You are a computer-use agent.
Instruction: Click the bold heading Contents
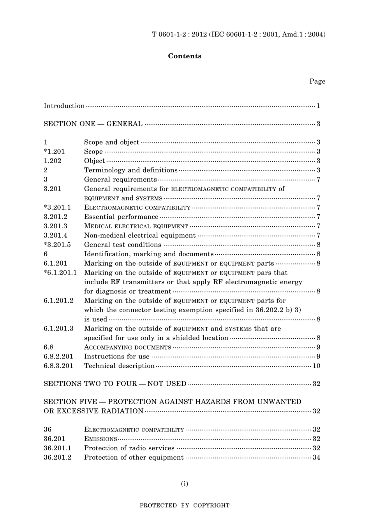coord(185,56)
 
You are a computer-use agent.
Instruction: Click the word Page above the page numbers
coord(317,81)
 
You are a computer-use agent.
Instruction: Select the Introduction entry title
coord(64,106)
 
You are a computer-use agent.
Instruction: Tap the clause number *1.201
coord(54,152)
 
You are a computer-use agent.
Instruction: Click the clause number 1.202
coord(52,161)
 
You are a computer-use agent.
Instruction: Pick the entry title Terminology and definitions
coord(130,170)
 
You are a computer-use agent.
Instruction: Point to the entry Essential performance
coord(121,217)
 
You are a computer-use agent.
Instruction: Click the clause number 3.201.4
coord(55,236)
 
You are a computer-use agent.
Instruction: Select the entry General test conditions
coord(122,245)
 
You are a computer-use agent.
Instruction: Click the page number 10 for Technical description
coord(316,366)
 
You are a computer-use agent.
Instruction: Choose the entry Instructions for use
coord(116,357)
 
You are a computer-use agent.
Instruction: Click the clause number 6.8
coord(48,347)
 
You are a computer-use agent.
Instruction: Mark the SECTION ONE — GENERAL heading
coord(93,124)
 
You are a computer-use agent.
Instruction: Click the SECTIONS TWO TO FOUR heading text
coord(115,384)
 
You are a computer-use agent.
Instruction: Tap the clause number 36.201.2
coord(57,458)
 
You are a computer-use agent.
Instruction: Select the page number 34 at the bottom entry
coord(316,458)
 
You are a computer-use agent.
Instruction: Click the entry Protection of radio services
coord(129,448)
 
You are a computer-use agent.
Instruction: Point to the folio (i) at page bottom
coord(185,484)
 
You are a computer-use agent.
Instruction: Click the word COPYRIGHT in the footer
coord(211,506)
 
